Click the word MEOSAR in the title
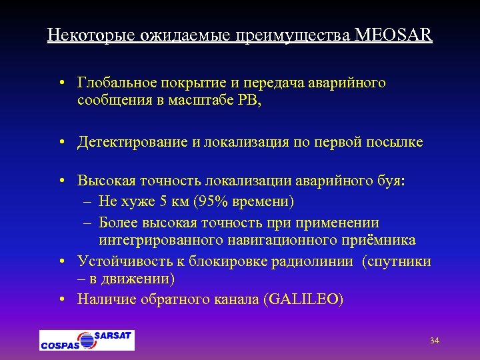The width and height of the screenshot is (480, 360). point(394,35)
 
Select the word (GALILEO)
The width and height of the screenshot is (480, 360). point(303,299)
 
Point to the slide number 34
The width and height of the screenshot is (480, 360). point(434,341)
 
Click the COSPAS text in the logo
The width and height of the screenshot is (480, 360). point(60,345)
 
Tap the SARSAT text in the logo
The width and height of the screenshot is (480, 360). point(112,335)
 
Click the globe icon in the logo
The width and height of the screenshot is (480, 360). point(86,340)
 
